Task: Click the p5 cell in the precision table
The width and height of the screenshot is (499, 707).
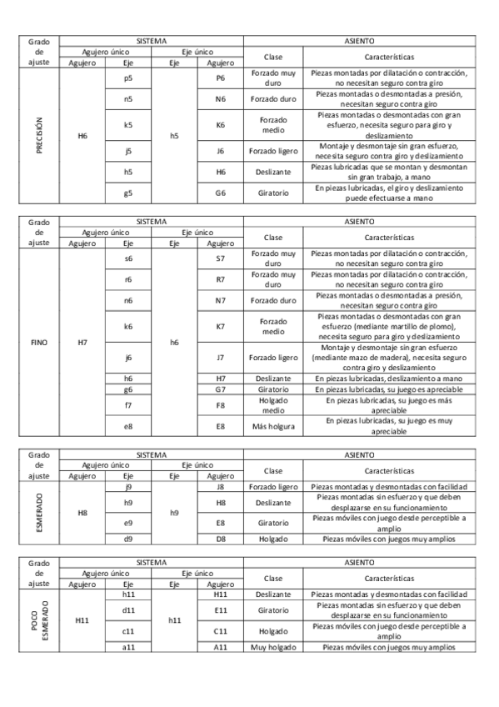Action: tap(127, 78)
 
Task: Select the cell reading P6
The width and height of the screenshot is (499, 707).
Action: tap(220, 78)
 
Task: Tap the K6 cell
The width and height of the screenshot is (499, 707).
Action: tap(220, 125)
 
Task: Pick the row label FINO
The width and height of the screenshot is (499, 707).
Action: tap(39, 342)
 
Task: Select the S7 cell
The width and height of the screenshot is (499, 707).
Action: tap(220, 258)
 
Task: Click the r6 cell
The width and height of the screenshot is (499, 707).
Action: tap(127, 279)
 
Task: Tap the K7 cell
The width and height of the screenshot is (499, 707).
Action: tap(220, 327)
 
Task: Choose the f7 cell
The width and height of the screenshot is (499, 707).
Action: tap(127, 405)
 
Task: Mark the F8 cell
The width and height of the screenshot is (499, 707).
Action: tap(220, 405)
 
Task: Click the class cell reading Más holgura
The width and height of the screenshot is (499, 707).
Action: tap(272, 426)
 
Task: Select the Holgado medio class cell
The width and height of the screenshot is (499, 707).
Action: tap(272, 405)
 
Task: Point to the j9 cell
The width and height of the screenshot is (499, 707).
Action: tap(127, 486)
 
